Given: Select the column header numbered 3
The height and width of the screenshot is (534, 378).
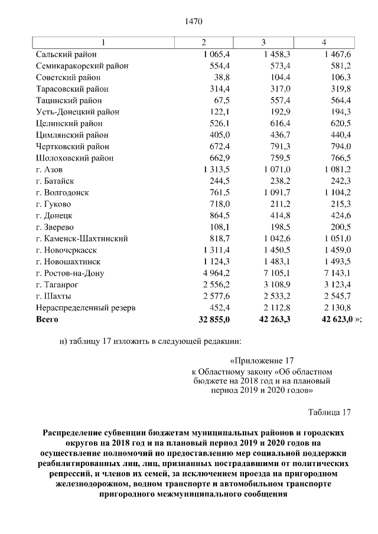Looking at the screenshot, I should click(x=263, y=42).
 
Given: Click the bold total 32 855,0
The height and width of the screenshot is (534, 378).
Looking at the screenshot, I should click(x=213, y=319).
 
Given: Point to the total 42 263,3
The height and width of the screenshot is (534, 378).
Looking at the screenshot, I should click(x=273, y=319).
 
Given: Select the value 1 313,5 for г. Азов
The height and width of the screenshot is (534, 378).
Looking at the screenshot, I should click(x=216, y=169).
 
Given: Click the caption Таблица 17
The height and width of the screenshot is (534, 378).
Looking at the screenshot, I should click(x=329, y=412).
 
